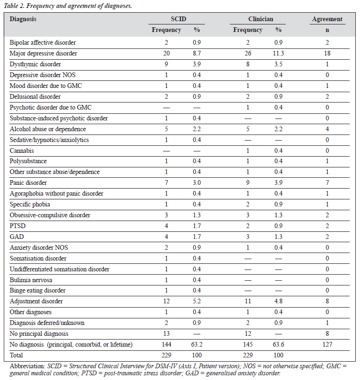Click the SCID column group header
pos(178,19)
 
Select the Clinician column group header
pos(261,19)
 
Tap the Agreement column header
pos(327,19)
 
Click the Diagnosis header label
pos(23,19)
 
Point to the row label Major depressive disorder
pos(43,53)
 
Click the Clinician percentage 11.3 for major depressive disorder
pos(278,53)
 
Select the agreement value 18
pos(327,53)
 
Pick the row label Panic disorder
pos(28,182)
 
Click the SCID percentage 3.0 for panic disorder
pos(197,182)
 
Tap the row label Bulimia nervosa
pos(31,280)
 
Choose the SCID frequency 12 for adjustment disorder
pos(166,301)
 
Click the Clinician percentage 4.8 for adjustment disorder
pos(278,301)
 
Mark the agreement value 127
pos(327,344)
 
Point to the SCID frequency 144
pos(166,344)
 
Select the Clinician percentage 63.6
pos(278,344)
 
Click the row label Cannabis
pos(22,150)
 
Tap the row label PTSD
pos(18,226)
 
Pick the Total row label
pos(16,355)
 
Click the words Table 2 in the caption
pos(14,6)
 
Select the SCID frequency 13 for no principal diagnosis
pos(166,333)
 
